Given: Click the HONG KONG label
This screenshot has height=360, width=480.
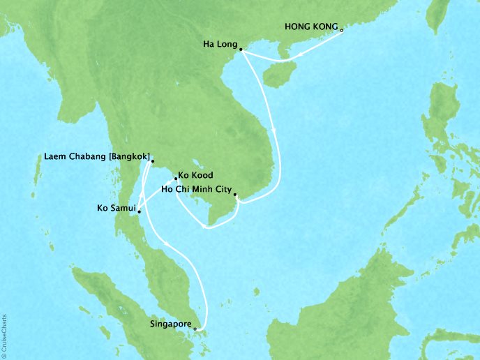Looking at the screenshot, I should coord(311,27).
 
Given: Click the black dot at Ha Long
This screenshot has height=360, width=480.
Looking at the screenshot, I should coord(240,50).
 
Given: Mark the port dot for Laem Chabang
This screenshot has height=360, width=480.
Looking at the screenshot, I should coord(152,162).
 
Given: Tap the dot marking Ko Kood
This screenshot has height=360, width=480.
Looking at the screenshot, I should coord(176,179).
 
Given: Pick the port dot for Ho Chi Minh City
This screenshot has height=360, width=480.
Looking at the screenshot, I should coord(235,195).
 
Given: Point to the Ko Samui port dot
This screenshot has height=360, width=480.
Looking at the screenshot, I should coord(139,211).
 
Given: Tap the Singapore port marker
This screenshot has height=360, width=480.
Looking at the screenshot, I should coord(195,329).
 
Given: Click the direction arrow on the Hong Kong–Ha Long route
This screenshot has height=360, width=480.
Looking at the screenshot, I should coord(300,54).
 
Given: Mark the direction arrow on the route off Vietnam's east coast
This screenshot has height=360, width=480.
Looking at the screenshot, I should coord(274,130).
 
